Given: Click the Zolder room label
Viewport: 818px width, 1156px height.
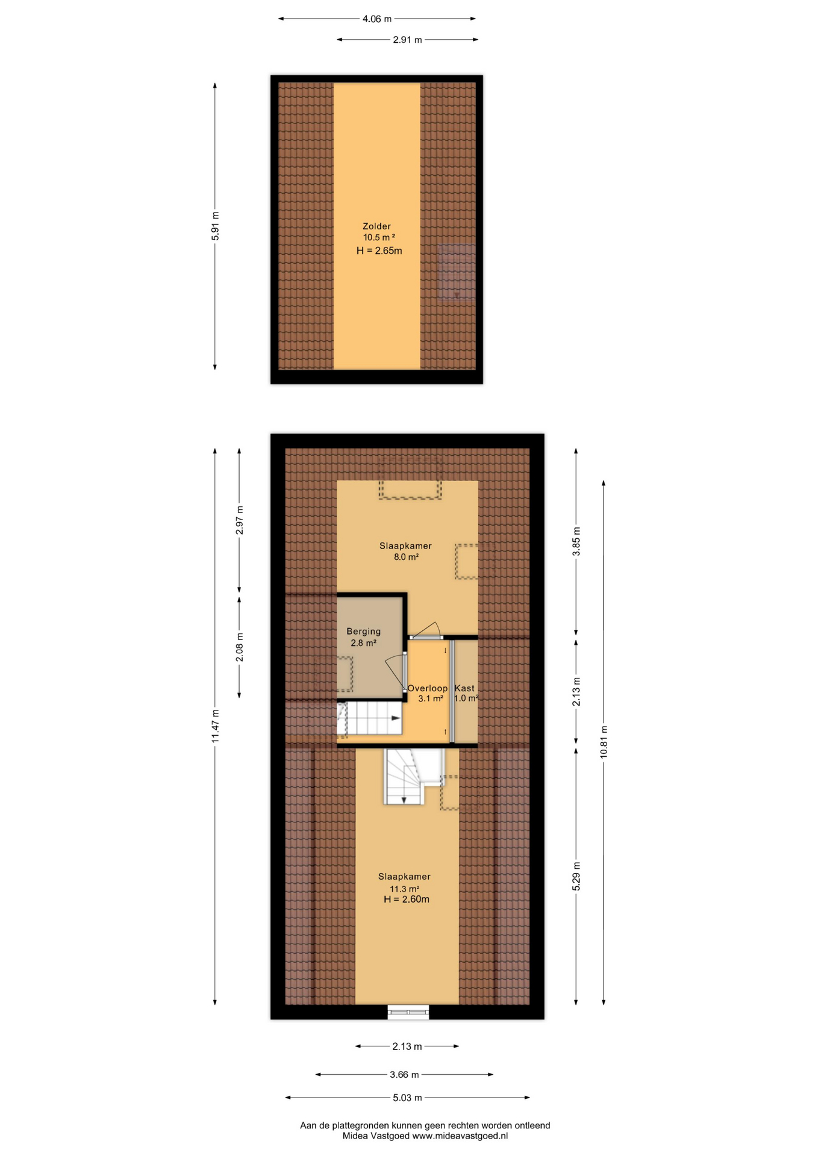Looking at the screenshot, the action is point(376,226).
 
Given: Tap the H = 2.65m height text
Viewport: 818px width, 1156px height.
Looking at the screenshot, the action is point(379,250).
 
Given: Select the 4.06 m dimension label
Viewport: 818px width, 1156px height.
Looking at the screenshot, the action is point(376,19).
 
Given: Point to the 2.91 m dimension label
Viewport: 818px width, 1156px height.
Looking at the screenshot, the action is point(407,40).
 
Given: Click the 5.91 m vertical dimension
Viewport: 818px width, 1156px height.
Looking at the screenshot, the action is point(215,226).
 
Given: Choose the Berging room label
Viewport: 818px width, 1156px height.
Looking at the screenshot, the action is point(363,632).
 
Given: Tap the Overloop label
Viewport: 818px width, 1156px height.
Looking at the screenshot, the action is point(428,688).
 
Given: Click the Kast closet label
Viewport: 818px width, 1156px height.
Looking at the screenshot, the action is point(464,688).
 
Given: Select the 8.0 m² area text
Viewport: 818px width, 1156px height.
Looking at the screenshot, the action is point(406,557).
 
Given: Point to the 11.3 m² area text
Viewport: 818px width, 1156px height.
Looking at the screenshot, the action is point(404,889).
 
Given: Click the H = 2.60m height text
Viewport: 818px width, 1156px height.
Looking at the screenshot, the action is point(407,900).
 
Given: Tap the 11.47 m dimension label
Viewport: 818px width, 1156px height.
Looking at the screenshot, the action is point(215,726).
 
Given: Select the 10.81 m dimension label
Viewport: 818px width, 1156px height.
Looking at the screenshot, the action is point(604,742).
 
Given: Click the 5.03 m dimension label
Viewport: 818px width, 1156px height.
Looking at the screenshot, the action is point(407,1098).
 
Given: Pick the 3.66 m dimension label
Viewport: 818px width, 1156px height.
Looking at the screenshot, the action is point(404,1075).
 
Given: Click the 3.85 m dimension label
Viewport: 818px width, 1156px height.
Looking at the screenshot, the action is point(576,541).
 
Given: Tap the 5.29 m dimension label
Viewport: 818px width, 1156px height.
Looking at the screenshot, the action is point(576,876).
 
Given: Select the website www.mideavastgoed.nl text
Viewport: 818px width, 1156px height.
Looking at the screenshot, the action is point(460,1136).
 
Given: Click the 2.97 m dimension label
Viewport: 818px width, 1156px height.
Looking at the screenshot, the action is point(239,520).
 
